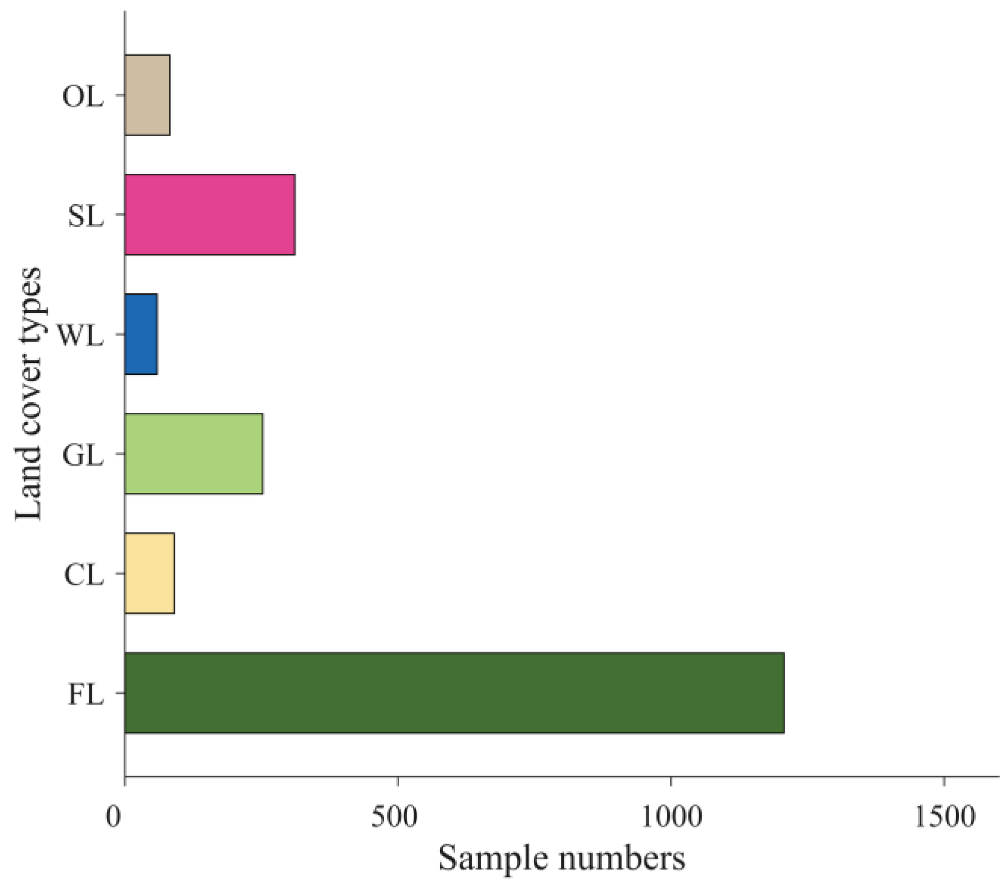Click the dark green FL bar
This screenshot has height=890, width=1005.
click(x=454, y=692)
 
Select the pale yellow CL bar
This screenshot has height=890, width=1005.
click(x=149, y=573)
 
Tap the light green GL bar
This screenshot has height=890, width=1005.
click(x=194, y=454)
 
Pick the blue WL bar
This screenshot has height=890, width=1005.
click(x=141, y=334)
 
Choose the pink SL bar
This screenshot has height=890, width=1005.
click(x=210, y=215)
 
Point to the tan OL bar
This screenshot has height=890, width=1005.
click(x=147, y=95)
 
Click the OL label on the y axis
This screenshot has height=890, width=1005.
click(x=83, y=96)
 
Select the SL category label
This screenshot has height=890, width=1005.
click(x=86, y=216)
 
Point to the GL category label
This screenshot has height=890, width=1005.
click(x=83, y=455)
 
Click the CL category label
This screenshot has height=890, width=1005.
click(x=84, y=575)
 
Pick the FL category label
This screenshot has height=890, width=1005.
click(x=86, y=694)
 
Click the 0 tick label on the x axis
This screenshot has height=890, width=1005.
click(x=114, y=816)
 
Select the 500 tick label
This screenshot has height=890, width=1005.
click(x=395, y=816)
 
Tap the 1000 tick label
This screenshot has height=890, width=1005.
click(x=671, y=816)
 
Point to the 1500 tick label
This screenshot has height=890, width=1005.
click(x=945, y=816)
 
